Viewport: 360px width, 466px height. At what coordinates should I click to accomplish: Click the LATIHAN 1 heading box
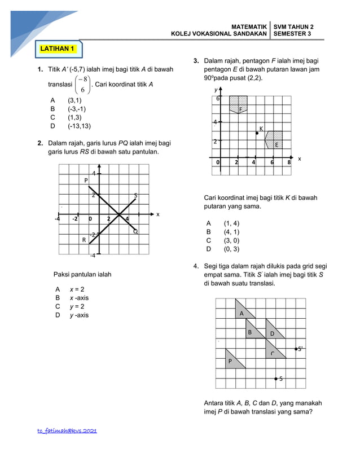tap(58, 49)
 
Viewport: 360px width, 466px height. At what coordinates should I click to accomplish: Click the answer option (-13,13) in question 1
tap(79, 126)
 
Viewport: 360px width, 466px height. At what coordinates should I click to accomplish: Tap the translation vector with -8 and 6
tap(82, 85)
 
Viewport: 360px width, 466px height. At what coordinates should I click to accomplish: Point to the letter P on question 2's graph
tap(86, 181)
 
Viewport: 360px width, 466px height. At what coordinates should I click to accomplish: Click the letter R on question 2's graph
tap(84, 240)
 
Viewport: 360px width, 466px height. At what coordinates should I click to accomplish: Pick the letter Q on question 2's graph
tap(135, 231)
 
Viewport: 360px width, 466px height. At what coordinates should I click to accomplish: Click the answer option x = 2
tap(77, 289)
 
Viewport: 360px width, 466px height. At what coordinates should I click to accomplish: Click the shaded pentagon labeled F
tap(238, 105)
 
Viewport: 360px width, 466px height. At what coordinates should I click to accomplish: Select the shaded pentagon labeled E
tap(274, 140)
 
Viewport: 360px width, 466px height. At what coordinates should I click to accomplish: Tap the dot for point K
tap(257, 133)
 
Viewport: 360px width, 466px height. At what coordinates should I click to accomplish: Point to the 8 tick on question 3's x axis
tap(289, 162)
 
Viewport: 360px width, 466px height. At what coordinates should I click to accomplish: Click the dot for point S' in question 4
tap(296, 349)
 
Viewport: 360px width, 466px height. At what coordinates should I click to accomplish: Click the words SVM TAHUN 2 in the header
tap(293, 27)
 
